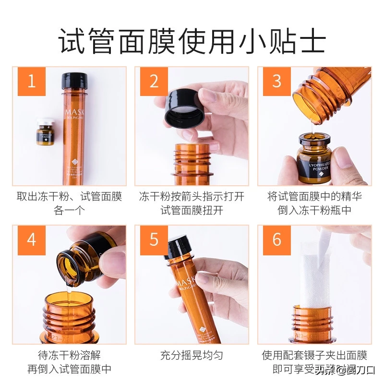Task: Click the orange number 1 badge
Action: (x=32, y=81)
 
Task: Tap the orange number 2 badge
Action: (x=154, y=81)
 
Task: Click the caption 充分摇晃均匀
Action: (x=192, y=356)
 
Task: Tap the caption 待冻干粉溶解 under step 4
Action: (x=69, y=356)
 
